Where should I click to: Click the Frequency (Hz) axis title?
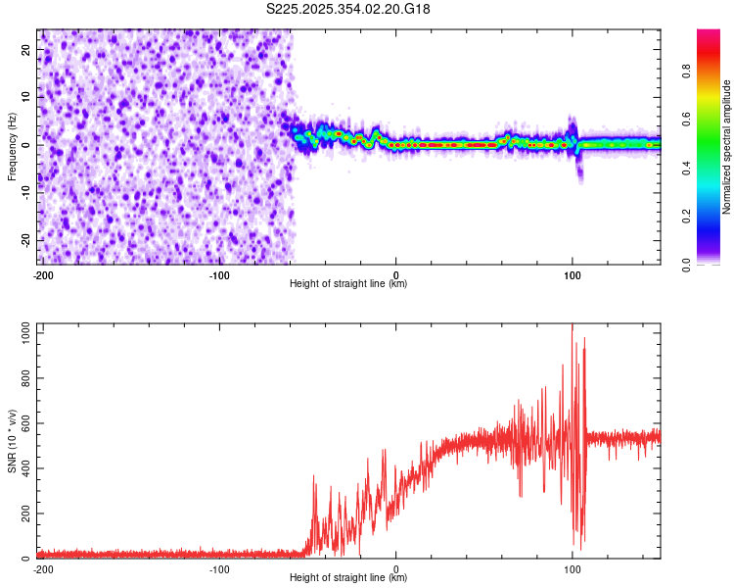[x=12, y=147]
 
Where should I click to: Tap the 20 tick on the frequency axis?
[x=26, y=49]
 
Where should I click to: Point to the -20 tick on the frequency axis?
[x=24, y=241]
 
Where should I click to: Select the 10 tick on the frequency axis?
[x=26, y=97]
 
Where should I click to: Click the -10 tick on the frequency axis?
[x=24, y=193]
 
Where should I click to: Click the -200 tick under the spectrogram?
[x=42, y=274]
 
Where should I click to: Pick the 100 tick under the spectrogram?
[x=573, y=274]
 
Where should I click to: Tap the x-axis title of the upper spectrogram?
[x=348, y=284]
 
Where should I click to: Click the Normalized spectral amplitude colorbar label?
[x=727, y=147]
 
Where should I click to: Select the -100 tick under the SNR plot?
[x=219, y=568]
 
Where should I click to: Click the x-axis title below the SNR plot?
[x=348, y=578]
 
